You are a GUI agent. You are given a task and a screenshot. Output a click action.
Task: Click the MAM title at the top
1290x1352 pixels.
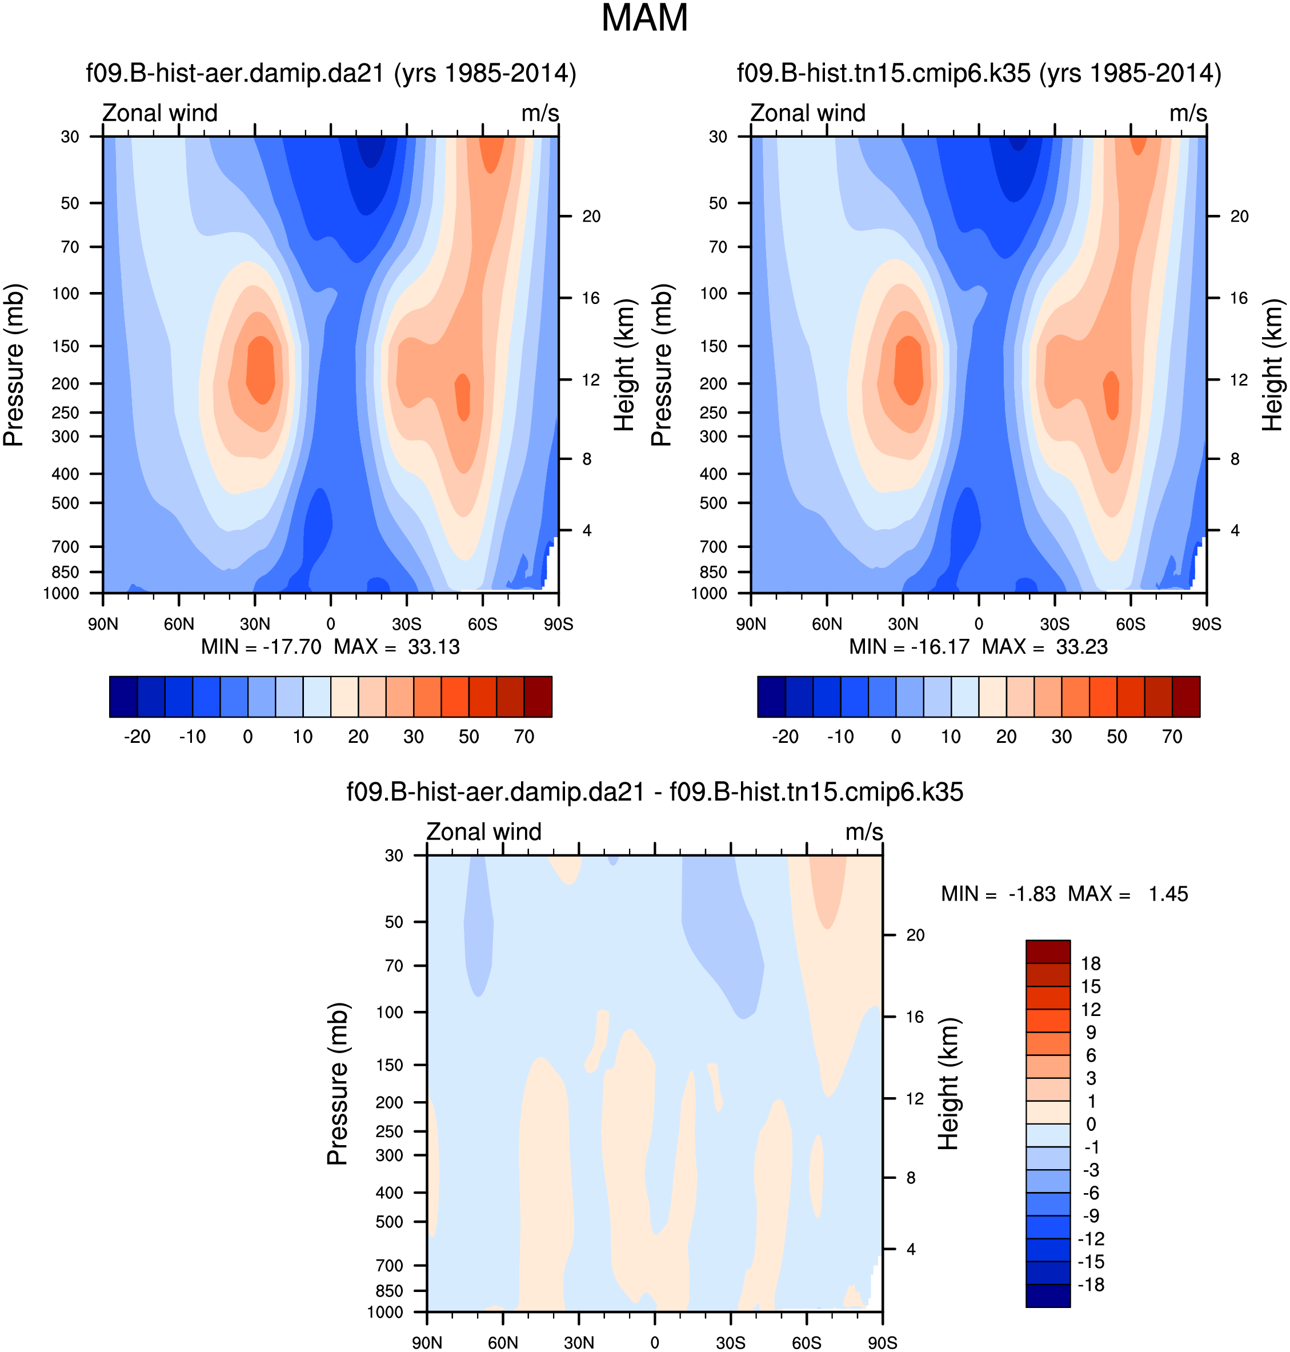click(644, 18)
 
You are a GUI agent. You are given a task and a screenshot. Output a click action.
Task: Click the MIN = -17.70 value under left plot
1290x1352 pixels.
click(261, 647)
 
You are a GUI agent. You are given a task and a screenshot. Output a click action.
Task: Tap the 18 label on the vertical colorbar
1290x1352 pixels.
click(1091, 963)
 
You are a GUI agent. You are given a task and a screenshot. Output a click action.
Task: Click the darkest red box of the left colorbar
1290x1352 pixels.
click(538, 697)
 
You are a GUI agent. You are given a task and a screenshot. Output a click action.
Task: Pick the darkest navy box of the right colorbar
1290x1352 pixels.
click(771, 697)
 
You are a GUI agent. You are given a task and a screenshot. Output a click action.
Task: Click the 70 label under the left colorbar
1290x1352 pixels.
click(524, 737)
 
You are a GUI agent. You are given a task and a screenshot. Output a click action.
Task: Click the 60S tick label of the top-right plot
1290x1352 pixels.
click(1131, 625)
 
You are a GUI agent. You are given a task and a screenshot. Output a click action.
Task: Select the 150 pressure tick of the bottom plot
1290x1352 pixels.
click(389, 1065)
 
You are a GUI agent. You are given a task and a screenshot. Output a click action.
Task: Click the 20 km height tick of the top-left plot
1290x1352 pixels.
click(591, 217)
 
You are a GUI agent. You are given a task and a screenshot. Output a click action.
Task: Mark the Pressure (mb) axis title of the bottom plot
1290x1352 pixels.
click(338, 1083)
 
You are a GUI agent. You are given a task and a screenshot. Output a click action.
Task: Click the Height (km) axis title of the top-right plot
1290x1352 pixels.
click(1272, 365)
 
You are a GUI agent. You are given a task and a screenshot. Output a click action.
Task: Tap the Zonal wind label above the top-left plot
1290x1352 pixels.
click(159, 113)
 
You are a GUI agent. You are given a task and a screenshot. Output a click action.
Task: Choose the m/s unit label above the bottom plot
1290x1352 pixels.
click(864, 831)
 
